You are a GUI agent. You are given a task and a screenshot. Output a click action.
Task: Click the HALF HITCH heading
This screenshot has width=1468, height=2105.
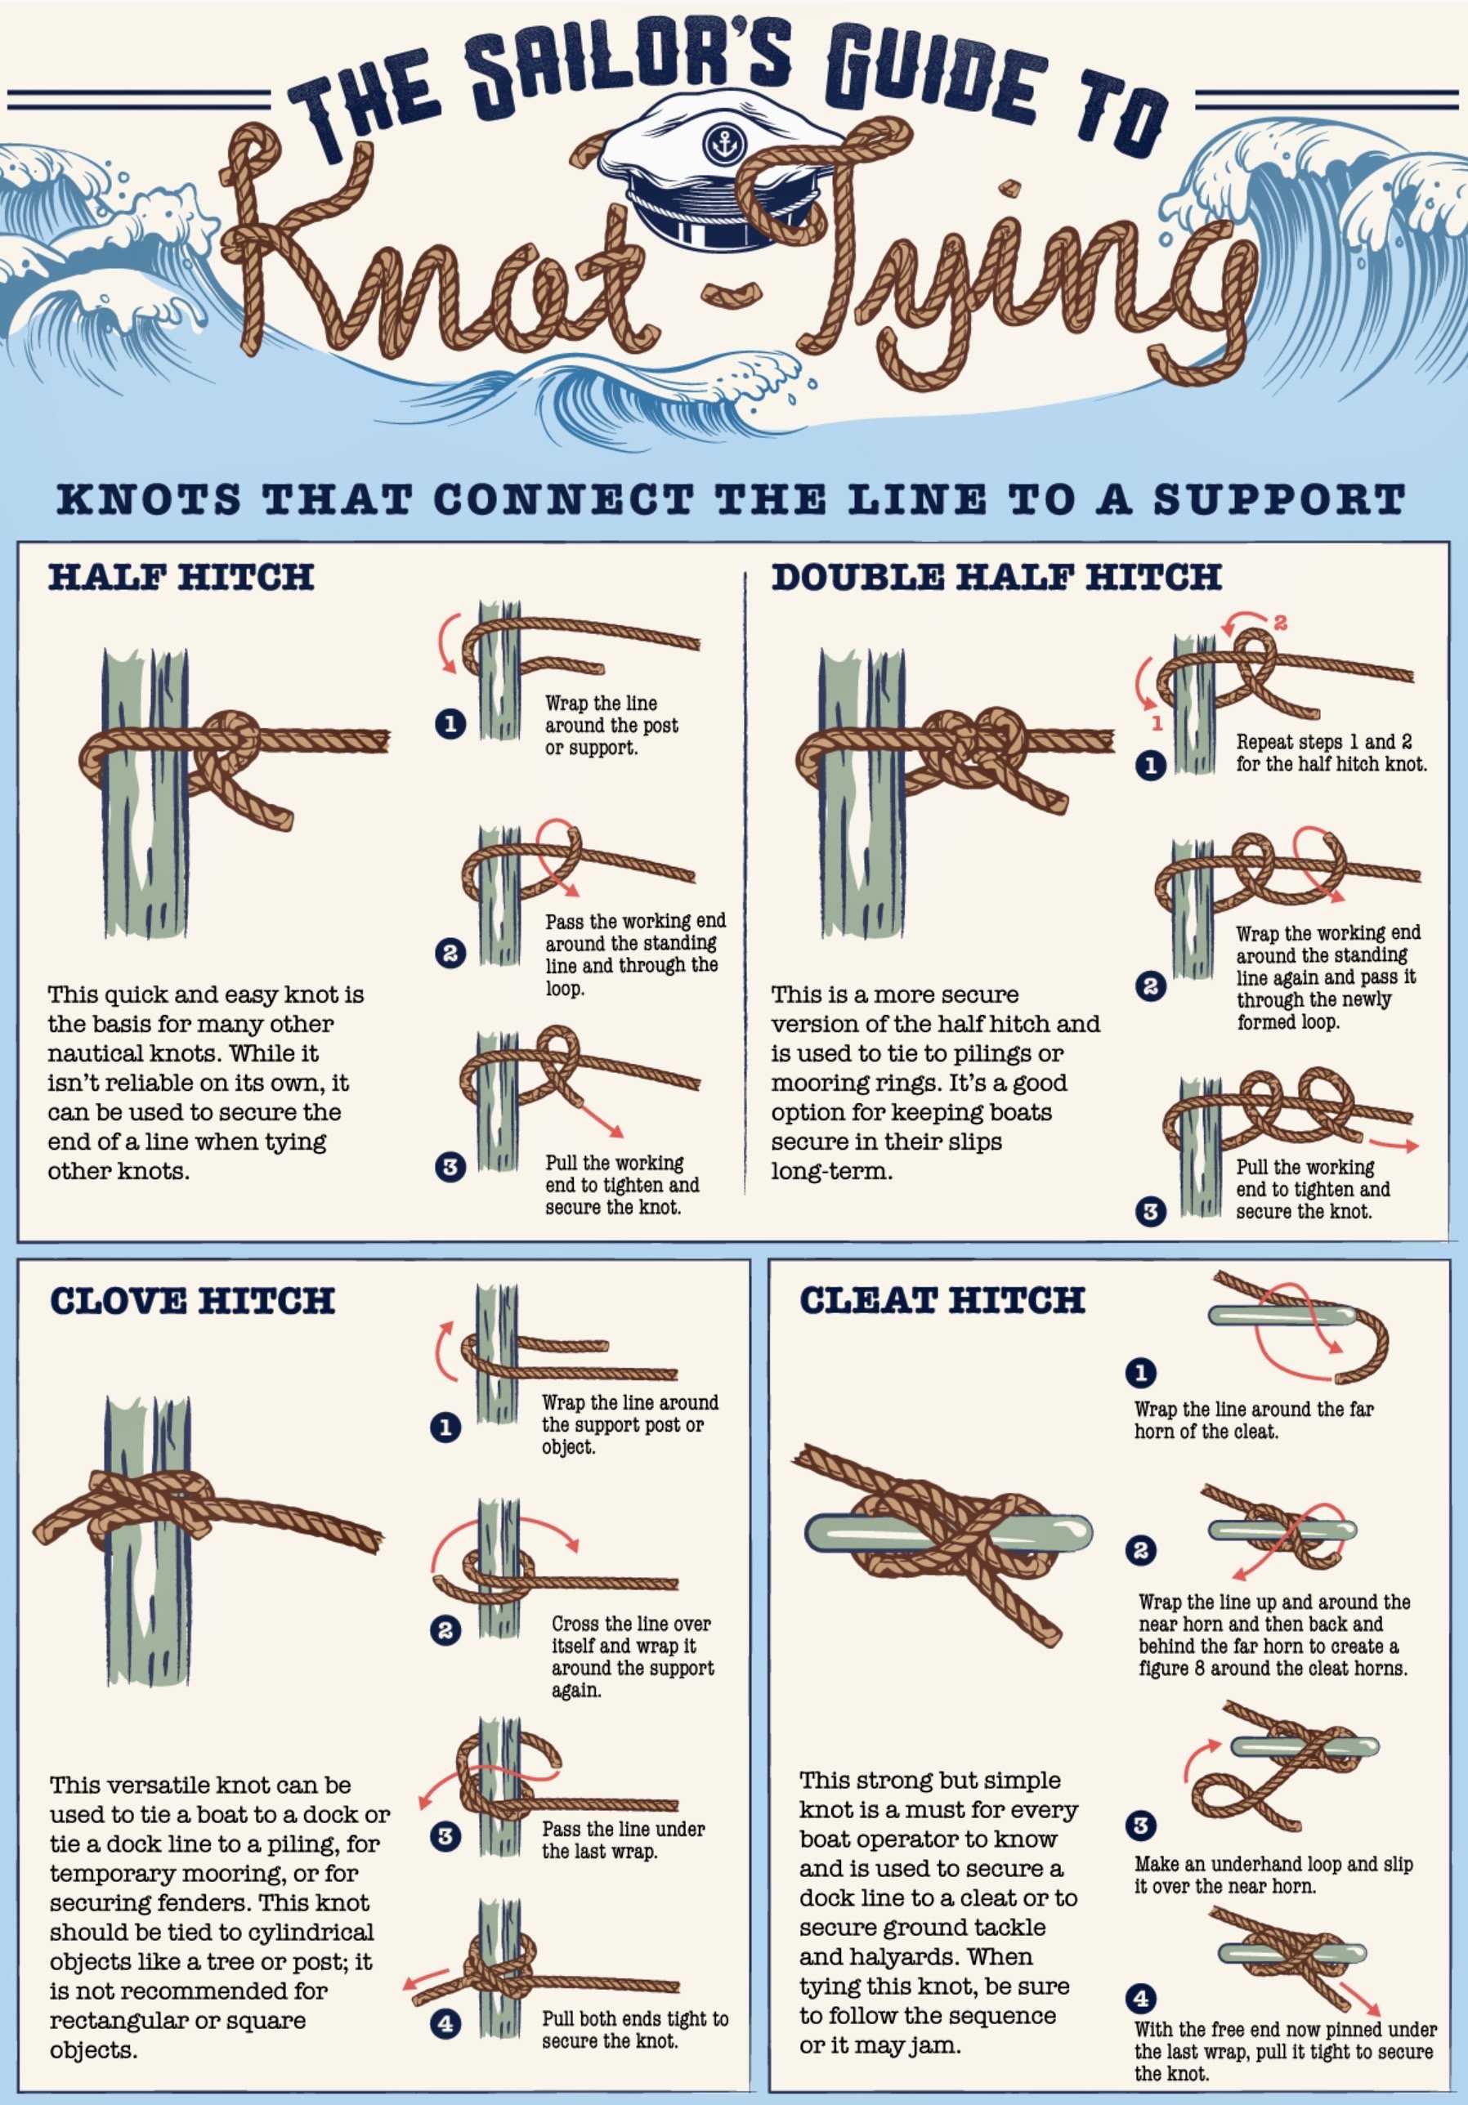(181, 577)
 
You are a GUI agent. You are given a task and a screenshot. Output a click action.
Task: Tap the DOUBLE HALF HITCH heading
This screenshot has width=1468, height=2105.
(996, 577)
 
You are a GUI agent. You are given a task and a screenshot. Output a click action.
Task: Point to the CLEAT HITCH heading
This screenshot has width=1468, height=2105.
(942, 1299)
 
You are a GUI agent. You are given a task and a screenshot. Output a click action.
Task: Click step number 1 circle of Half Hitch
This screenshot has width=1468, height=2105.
(450, 724)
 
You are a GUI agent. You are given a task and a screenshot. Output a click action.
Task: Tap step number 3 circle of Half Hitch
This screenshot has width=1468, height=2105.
(450, 1167)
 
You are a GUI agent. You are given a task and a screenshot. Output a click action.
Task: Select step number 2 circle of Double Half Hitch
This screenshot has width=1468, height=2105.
(1151, 986)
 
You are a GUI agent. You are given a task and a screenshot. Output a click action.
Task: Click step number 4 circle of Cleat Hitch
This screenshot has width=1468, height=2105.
(1141, 1998)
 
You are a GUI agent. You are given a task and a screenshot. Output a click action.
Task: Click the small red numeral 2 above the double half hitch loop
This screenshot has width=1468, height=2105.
(1280, 623)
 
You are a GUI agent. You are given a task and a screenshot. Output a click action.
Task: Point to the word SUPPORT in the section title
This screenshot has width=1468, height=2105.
(1279, 499)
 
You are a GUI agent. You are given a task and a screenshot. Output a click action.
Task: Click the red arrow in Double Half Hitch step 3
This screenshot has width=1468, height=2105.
(1394, 1145)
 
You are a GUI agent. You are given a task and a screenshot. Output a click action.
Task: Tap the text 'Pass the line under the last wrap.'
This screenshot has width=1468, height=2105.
(623, 1840)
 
